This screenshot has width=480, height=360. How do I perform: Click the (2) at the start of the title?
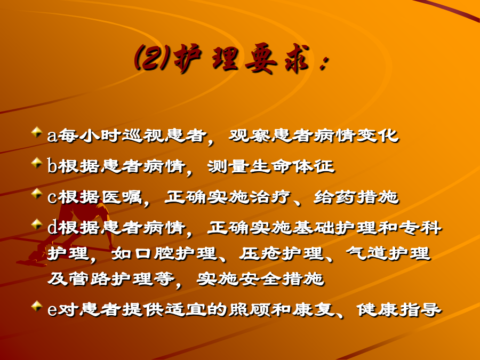click(x=152, y=57)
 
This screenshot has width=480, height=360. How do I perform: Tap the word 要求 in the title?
click(x=277, y=59)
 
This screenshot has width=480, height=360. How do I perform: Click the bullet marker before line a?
click(x=37, y=132)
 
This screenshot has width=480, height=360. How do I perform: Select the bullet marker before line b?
click(x=37, y=163)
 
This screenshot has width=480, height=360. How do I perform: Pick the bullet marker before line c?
click(x=37, y=194)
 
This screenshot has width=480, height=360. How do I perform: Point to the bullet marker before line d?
click(x=37, y=224)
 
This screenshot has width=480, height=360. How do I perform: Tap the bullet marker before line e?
click(x=37, y=306)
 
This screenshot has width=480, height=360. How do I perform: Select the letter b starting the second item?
click(x=52, y=166)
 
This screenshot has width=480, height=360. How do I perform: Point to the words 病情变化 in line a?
click(x=357, y=135)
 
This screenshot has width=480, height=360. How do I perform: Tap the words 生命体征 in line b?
click(x=292, y=166)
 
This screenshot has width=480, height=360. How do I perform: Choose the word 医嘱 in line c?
click(x=121, y=197)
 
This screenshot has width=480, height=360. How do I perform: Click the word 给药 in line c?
click(x=335, y=197)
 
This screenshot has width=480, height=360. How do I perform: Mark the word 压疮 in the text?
click(x=260, y=254)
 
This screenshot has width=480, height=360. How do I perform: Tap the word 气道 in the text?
click(x=366, y=254)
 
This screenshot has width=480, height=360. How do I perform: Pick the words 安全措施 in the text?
click(x=281, y=279)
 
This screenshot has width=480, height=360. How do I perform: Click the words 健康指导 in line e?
click(x=399, y=309)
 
